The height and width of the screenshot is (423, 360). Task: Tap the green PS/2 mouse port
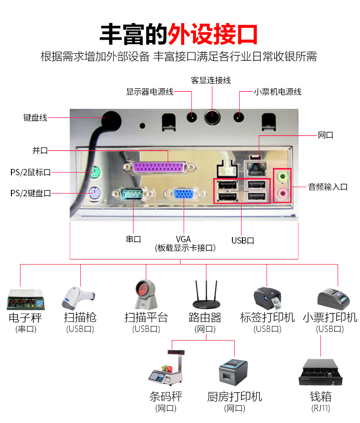(x=94, y=173)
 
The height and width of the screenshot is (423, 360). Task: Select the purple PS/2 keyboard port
(x=94, y=194)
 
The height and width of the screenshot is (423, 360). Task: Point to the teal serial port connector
(x=133, y=194)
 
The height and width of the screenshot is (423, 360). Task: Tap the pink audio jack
(x=283, y=194)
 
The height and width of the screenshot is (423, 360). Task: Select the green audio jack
(x=283, y=175)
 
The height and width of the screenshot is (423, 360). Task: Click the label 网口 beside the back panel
(x=325, y=135)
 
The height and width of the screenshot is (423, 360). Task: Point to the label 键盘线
(x=35, y=117)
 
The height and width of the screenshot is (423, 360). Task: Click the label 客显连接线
(x=211, y=81)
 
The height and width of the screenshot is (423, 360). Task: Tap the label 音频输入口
(x=328, y=187)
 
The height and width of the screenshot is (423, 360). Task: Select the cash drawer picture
(x=320, y=373)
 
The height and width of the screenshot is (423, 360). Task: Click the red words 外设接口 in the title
(x=213, y=34)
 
